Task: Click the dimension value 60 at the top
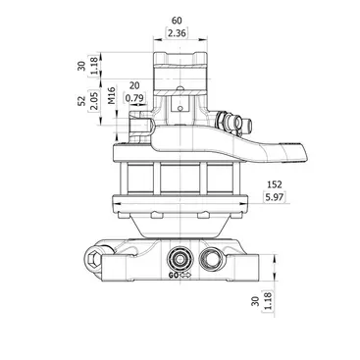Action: (x=177, y=21)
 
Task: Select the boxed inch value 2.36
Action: (x=177, y=33)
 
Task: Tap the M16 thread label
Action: (x=112, y=95)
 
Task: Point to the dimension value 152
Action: (x=275, y=184)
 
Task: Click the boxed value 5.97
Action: (x=274, y=197)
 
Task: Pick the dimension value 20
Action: (x=134, y=85)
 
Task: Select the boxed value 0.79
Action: (x=134, y=98)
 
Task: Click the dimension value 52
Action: (x=81, y=100)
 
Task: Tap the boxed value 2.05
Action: (x=93, y=100)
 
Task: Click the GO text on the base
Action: (x=174, y=276)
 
